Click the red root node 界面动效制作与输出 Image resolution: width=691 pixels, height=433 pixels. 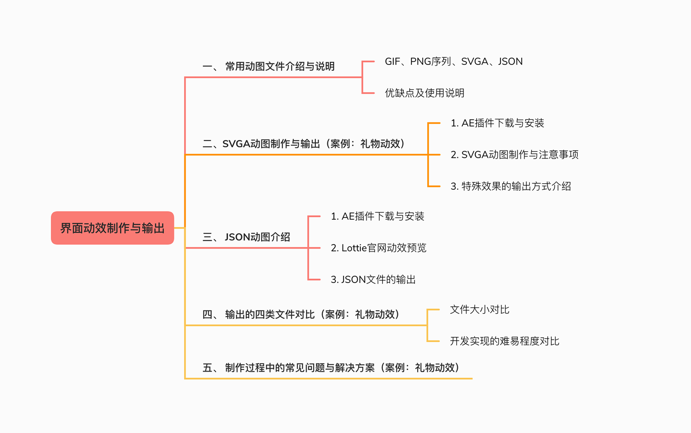point(112,228)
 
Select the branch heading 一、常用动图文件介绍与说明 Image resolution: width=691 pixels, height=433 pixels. point(268,67)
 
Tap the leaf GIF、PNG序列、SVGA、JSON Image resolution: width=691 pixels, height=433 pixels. point(453,62)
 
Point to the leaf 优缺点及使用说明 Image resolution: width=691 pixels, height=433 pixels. point(424,93)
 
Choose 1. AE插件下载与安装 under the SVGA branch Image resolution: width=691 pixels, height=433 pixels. point(497,123)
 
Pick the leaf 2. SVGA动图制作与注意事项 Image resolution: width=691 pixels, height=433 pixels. point(514,155)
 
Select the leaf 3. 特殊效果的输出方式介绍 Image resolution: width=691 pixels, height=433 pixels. point(510,186)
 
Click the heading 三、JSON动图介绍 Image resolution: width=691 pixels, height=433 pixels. point(246,237)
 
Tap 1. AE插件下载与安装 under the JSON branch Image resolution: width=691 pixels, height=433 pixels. point(377,216)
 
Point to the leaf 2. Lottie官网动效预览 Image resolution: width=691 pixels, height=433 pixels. point(378,248)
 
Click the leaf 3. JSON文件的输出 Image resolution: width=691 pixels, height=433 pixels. point(373,279)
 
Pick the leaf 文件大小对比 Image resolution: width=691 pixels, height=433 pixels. point(480,310)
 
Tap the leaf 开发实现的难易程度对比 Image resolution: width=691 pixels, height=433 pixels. point(504,341)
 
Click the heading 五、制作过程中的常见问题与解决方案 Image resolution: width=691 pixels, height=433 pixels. point(331,368)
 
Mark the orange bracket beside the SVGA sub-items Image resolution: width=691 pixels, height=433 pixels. point(428,155)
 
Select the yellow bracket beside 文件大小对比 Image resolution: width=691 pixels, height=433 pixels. point(428,325)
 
